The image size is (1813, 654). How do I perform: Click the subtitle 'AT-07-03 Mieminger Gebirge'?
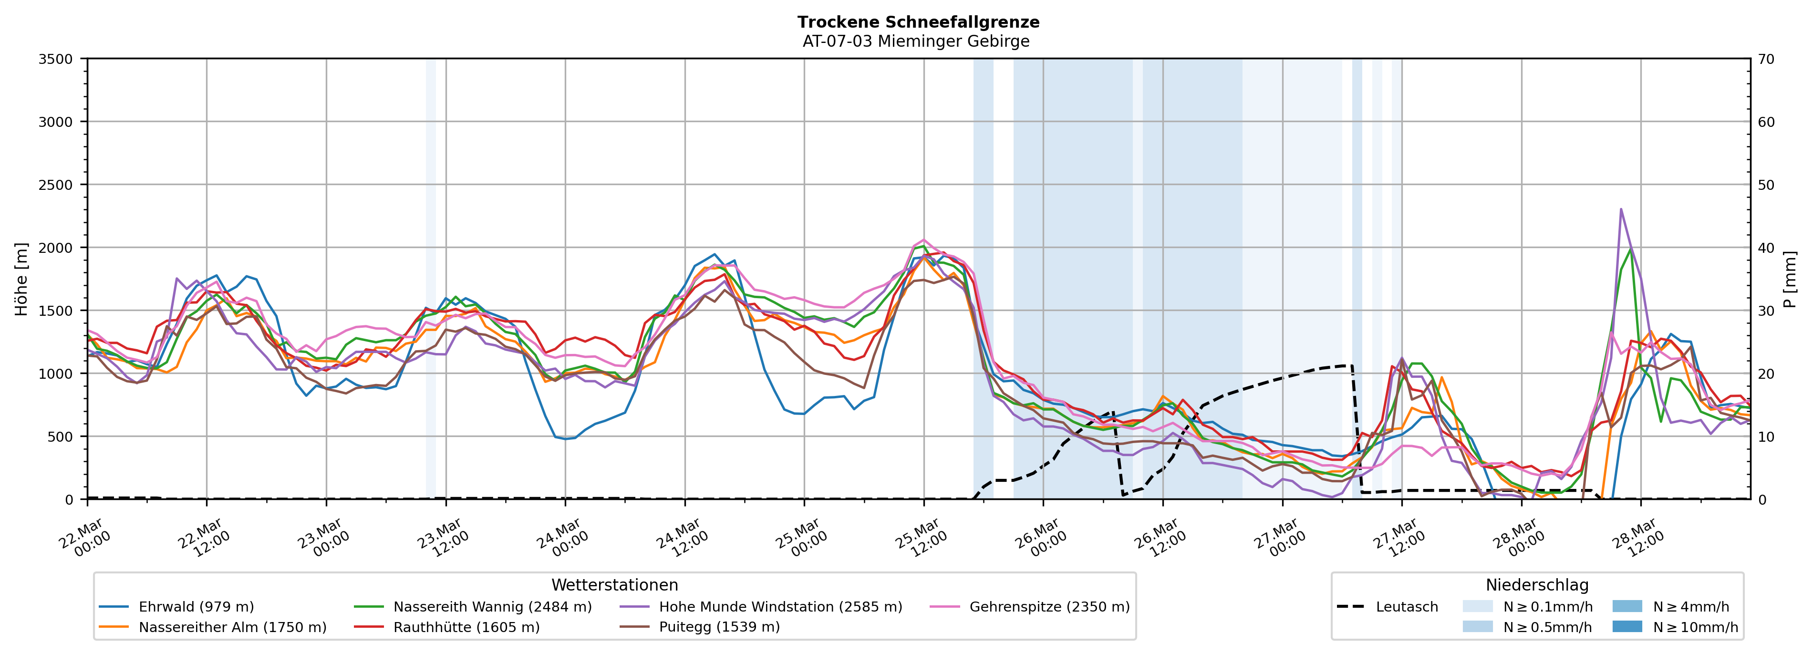(916, 42)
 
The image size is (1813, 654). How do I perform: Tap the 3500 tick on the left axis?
(56, 59)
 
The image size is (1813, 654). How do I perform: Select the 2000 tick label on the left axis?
(56, 248)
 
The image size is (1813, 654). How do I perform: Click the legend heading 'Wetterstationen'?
(614, 585)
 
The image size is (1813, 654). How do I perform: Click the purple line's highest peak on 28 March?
(1621, 208)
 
